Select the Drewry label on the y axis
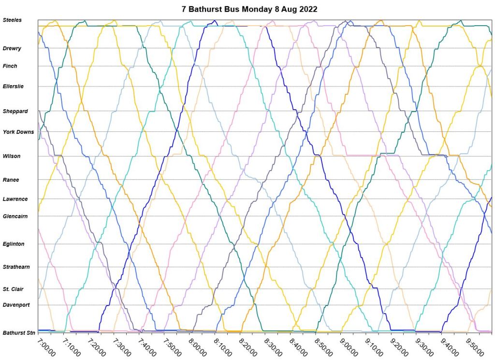pyautogui.click(x=12, y=48)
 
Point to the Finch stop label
pyautogui.click(x=10, y=66)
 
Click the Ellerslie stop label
pyautogui.click(x=13, y=86)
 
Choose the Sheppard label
pyautogui.click(x=15, y=112)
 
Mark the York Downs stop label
pyautogui.click(x=18, y=132)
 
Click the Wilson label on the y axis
pyautogui.click(x=12, y=157)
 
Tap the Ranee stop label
pyautogui.click(x=11, y=180)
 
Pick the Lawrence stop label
pyautogui.click(x=15, y=199)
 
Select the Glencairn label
pyautogui.click(x=15, y=216)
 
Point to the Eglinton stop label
pyautogui.click(x=14, y=244)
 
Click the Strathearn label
pyautogui.click(x=16, y=267)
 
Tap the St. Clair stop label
pyautogui.click(x=13, y=289)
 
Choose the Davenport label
pyautogui.click(x=16, y=305)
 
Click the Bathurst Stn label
pyautogui.click(x=19, y=333)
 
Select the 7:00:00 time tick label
pyautogui.click(x=46, y=347)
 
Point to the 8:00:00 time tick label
pyautogui.click(x=198, y=347)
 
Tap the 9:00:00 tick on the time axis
pyautogui.click(x=349, y=347)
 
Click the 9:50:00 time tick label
pyautogui.click(x=476, y=347)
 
